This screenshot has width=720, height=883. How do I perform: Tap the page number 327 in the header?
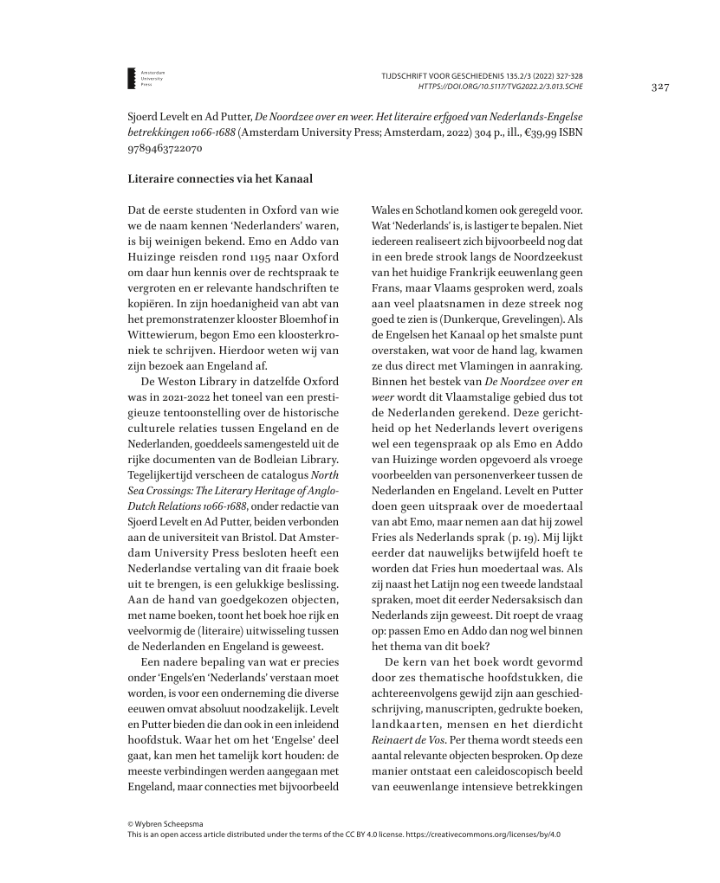click(x=660, y=87)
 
